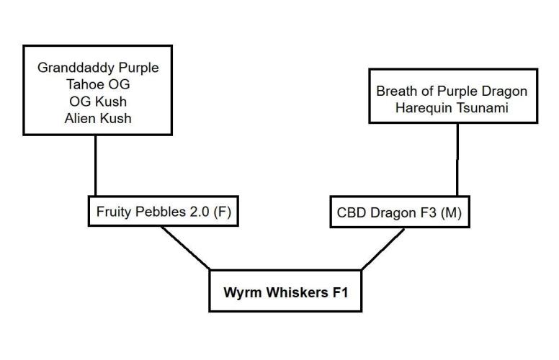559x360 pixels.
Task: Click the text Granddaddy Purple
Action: coord(97,68)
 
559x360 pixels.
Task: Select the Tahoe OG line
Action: coord(97,85)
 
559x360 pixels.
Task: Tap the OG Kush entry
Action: coord(97,102)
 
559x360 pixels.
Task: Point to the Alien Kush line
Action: coord(97,119)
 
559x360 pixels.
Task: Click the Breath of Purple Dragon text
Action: coord(452,91)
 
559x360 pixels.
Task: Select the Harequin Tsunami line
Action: coord(452,109)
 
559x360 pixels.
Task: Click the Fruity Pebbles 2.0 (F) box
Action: coord(164,212)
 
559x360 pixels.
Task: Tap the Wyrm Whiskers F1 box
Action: coord(285,292)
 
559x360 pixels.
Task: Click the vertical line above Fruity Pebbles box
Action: coord(96,166)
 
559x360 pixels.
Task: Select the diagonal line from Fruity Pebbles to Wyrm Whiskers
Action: coord(185,248)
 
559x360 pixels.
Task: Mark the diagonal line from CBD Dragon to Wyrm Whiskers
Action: coord(383,248)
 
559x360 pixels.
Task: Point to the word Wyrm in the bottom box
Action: coord(240,292)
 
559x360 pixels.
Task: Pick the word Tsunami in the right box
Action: coord(483,109)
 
